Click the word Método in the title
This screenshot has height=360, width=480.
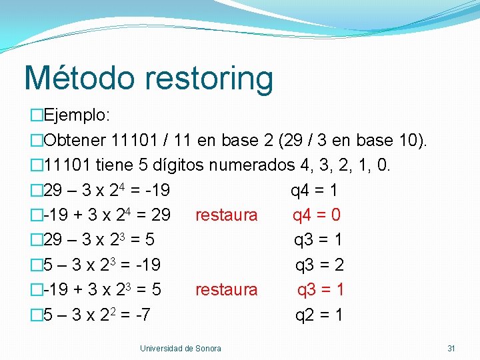(x=78, y=78)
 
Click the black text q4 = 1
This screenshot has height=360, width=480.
(x=314, y=191)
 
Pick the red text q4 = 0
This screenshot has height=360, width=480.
(x=317, y=215)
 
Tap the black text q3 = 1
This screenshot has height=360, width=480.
(x=319, y=240)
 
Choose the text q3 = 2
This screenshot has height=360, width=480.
(x=320, y=265)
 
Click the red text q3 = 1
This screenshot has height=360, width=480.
(x=321, y=289)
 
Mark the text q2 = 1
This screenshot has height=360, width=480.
(x=319, y=315)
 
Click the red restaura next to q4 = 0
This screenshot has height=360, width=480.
(x=226, y=215)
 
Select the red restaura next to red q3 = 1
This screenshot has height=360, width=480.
(x=226, y=289)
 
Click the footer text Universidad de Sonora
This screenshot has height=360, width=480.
(x=181, y=349)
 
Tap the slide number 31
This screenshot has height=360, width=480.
(x=451, y=349)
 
